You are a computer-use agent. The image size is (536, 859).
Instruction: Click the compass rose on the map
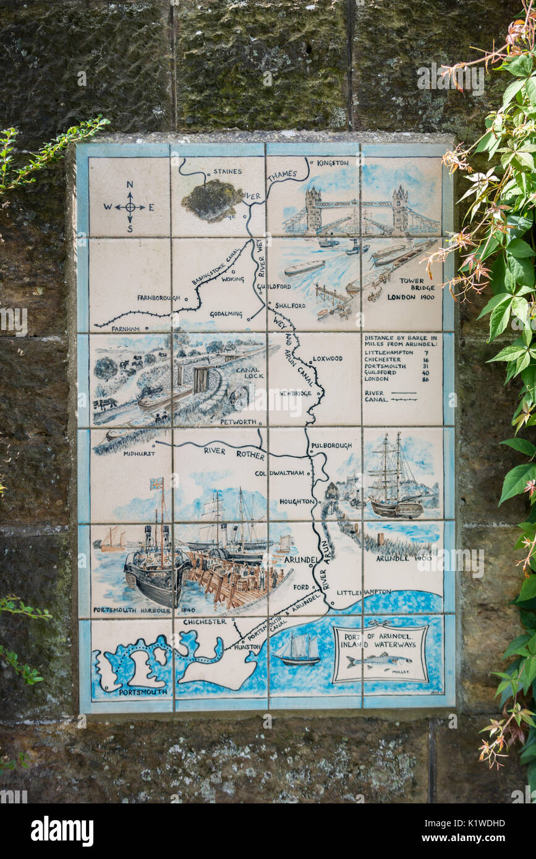coord(130,206)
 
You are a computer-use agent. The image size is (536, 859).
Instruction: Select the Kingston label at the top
coord(333,163)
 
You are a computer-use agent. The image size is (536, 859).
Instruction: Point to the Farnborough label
coord(159,297)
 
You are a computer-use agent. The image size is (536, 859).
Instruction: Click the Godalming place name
coord(226,314)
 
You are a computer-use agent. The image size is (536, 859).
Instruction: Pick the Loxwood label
coord(328,358)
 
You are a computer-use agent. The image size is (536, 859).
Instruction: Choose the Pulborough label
coord(331,445)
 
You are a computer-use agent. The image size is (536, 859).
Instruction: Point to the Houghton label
coord(297,501)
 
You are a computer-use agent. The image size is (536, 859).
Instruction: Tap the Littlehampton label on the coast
coord(364,592)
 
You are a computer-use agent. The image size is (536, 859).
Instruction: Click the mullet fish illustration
coord(378,661)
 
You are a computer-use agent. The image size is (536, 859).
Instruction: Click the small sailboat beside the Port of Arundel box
coord(299,651)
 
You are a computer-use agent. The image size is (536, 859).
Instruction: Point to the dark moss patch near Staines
coord(212,200)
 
